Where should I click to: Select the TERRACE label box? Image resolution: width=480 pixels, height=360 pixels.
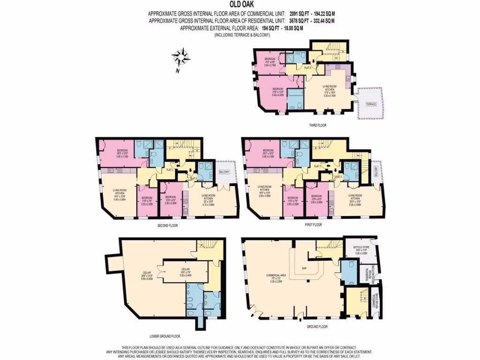[x=371, y=105]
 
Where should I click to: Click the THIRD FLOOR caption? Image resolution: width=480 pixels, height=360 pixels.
[x=317, y=126]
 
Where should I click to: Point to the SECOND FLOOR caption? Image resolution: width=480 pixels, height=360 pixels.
[x=167, y=225]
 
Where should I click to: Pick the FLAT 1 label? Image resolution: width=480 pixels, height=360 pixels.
[x=317, y=166]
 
